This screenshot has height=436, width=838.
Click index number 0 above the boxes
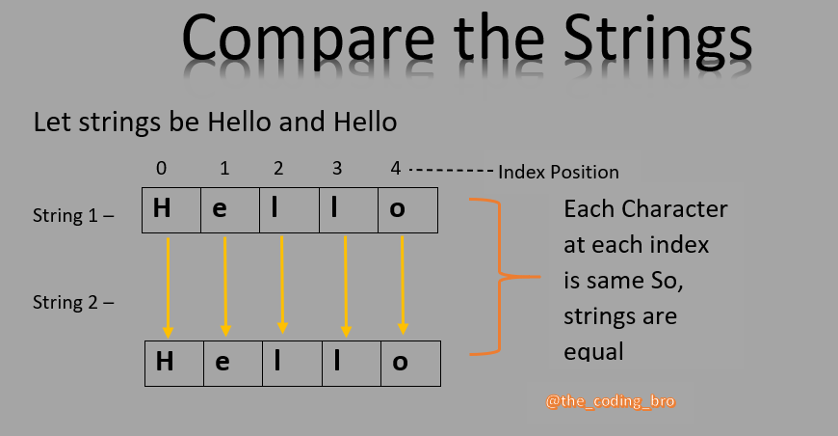pos(161,169)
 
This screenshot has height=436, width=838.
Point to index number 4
pos(395,169)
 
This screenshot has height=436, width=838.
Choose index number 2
pos(278,169)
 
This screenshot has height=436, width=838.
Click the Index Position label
pos(558,173)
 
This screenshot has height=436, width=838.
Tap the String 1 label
pos(73,216)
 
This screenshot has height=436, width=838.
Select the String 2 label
pos(73,303)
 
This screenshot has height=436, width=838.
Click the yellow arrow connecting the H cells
pos(169,286)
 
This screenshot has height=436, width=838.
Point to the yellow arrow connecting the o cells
pos(403,286)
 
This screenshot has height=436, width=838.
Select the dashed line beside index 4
pos(451,170)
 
